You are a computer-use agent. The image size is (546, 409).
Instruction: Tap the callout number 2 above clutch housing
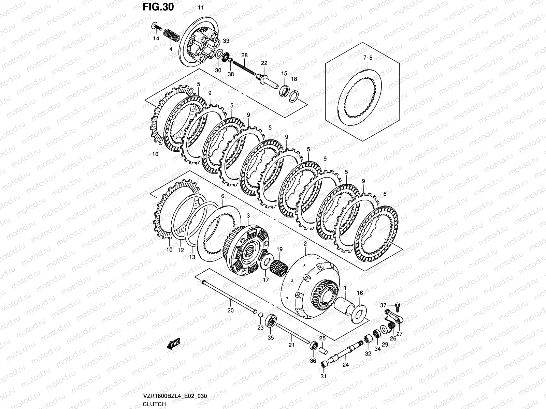(x=305, y=244)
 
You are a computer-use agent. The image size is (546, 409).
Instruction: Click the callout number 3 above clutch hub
(x=248, y=215)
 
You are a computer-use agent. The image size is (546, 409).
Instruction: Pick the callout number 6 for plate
(x=223, y=196)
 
